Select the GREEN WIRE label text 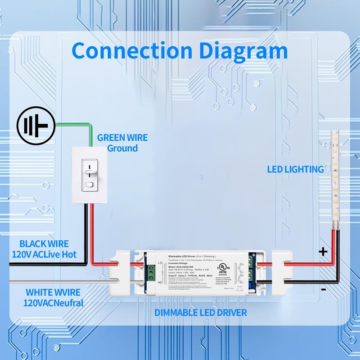point(122,138)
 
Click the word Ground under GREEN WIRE point(122,148)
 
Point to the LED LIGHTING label point(295,169)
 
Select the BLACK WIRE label point(44,244)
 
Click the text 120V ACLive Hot point(45,255)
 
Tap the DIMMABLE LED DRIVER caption point(201,312)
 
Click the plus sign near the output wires point(323,252)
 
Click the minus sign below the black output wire point(324,290)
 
